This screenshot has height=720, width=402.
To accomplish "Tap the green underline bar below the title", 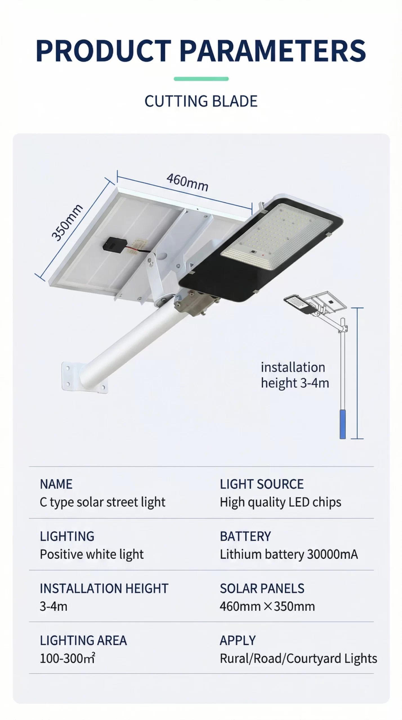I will [x=201, y=79].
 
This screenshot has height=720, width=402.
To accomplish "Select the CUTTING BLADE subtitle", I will [x=201, y=101].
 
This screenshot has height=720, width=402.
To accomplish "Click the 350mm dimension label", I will [x=67, y=222].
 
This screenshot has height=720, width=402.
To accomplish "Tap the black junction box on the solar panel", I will [x=113, y=244].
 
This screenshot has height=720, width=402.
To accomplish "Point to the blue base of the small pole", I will [x=343, y=424].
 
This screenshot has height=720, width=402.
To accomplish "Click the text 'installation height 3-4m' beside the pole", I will [x=295, y=375].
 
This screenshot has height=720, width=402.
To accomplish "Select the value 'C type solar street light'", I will [x=102, y=502].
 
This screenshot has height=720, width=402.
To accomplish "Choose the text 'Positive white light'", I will [x=92, y=554].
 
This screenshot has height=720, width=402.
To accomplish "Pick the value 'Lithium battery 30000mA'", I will [x=289, y=554].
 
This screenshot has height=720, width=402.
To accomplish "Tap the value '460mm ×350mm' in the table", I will [x=267, y=606].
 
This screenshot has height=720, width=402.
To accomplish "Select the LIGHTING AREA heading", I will [x=83, y=640].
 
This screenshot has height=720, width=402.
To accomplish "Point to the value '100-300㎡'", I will [x=68, y=658].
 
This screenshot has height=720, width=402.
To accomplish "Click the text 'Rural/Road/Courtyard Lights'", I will [x=298, y=658].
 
